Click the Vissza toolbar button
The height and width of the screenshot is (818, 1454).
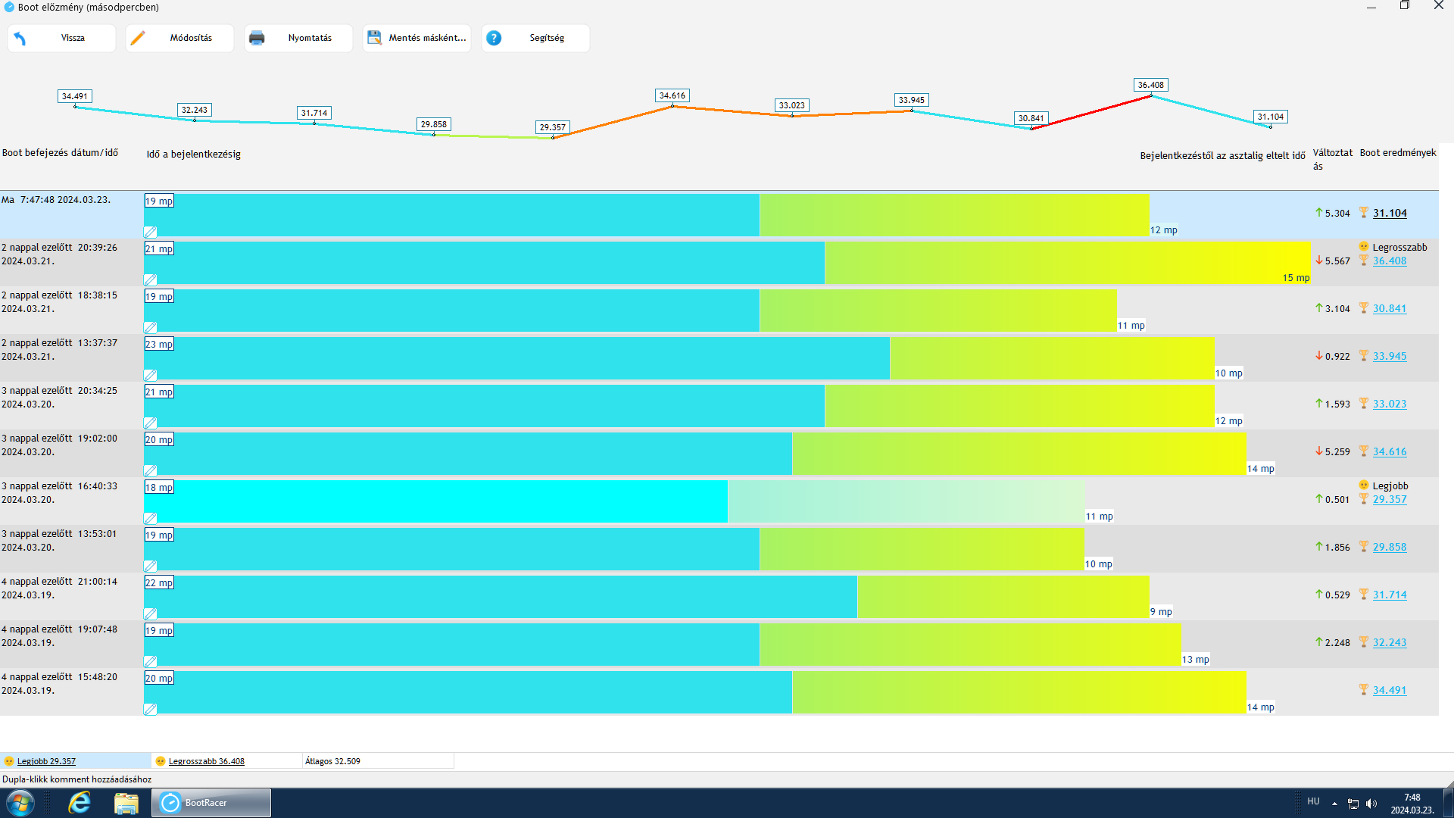(61, 38)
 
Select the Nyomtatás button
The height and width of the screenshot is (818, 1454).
(298, 38)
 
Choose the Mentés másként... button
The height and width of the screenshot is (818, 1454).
(417, 38)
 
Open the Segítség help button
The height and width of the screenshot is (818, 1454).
(535, 38)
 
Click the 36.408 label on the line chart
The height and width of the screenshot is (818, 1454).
(1150, 85)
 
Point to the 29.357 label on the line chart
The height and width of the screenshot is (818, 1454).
(552, 127)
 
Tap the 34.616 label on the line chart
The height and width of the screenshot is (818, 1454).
(672, 95)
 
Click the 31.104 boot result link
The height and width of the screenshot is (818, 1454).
(1390, 214)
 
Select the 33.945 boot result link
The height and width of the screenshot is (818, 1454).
(1390, 357)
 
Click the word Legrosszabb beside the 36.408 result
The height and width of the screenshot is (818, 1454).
(1399, 248)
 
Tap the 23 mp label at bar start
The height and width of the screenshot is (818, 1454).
(159, 345)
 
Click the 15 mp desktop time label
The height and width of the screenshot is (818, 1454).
(1296, 278)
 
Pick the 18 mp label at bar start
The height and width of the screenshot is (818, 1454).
(159, 488)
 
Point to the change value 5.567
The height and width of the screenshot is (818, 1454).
(1337, 261)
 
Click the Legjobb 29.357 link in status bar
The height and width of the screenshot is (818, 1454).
(46, 761)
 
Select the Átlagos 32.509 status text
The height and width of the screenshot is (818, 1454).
(332, 761)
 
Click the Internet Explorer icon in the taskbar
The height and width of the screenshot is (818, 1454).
(80, 803)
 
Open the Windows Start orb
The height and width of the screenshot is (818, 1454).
(20, 803)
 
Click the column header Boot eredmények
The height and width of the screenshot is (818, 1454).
(1397, 153)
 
